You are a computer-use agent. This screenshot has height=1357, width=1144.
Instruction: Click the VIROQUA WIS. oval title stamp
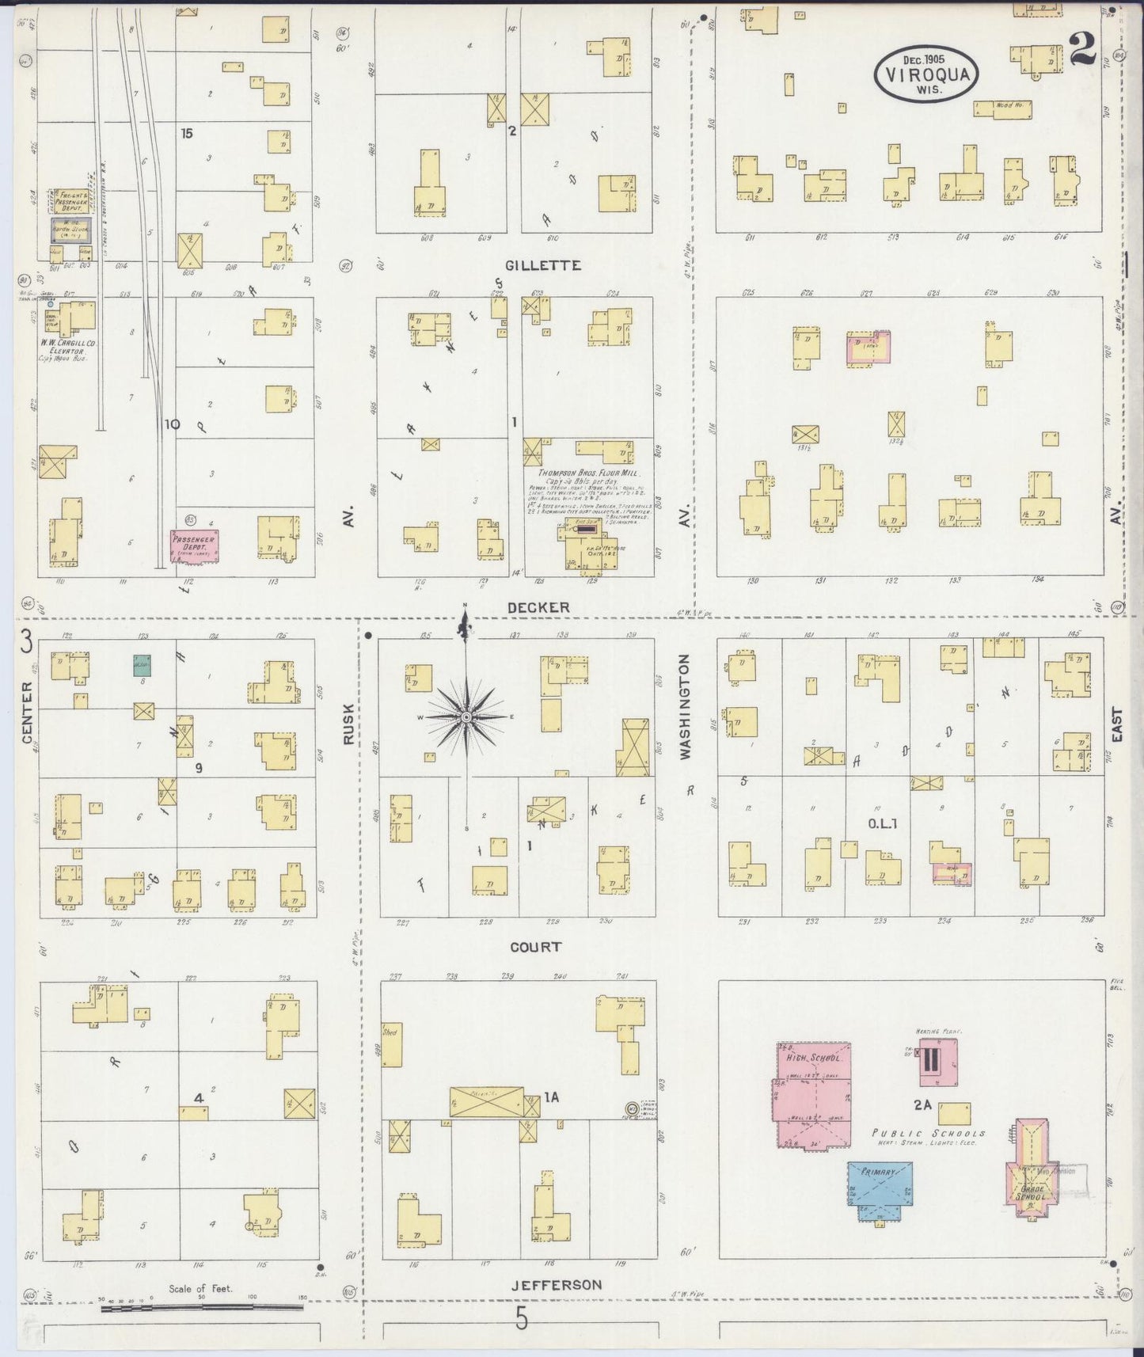926,73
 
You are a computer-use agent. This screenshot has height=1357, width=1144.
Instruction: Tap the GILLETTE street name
540,265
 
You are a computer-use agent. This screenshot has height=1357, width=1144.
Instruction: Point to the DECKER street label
538,607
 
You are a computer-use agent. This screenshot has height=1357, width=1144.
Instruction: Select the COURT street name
536,947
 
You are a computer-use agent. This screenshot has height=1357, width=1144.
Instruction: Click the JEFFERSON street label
557,1284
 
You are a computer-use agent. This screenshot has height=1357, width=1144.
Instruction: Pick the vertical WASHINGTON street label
685,706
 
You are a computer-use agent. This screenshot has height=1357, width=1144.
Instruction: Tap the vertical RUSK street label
349,725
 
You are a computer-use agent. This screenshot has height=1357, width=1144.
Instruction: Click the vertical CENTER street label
28,713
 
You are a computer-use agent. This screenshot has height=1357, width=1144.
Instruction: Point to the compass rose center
466,717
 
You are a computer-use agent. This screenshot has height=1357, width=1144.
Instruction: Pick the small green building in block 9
143,665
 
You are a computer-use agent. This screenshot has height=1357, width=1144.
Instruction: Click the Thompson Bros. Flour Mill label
587,473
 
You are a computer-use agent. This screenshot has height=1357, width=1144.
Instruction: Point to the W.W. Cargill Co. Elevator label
68,347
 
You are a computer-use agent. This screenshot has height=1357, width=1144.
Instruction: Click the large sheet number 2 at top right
1081,50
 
